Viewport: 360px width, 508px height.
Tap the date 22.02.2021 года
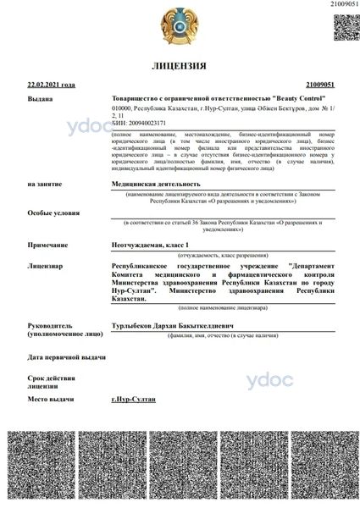52,86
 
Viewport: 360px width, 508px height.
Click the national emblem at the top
180,25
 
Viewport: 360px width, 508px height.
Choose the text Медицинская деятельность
157,183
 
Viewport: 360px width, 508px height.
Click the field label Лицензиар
46,266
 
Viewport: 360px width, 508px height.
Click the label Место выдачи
52,398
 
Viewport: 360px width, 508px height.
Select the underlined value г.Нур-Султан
133,398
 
